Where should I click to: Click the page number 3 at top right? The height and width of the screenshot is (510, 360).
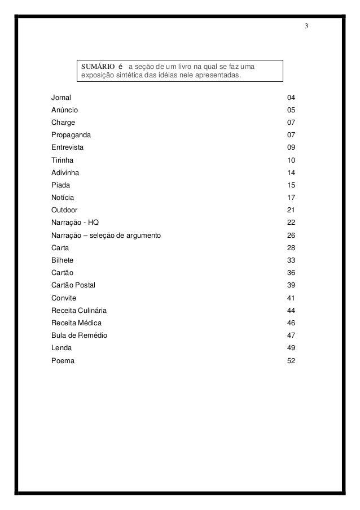click(306, 27)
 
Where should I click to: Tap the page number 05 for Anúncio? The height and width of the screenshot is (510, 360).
click(291, 110)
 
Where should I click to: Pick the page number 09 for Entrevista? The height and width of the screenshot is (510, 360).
click(291, 147)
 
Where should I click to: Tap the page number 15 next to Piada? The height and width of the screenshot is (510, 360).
click(291, 185)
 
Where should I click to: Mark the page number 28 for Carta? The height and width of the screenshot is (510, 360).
click(291, 247)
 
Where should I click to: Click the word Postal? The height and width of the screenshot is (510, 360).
click(85, 285)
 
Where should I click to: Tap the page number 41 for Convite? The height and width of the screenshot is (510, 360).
click(291, 298)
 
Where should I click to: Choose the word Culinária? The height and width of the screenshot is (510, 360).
click(91, 310)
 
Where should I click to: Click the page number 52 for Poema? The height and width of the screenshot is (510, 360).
click(291, 360)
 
